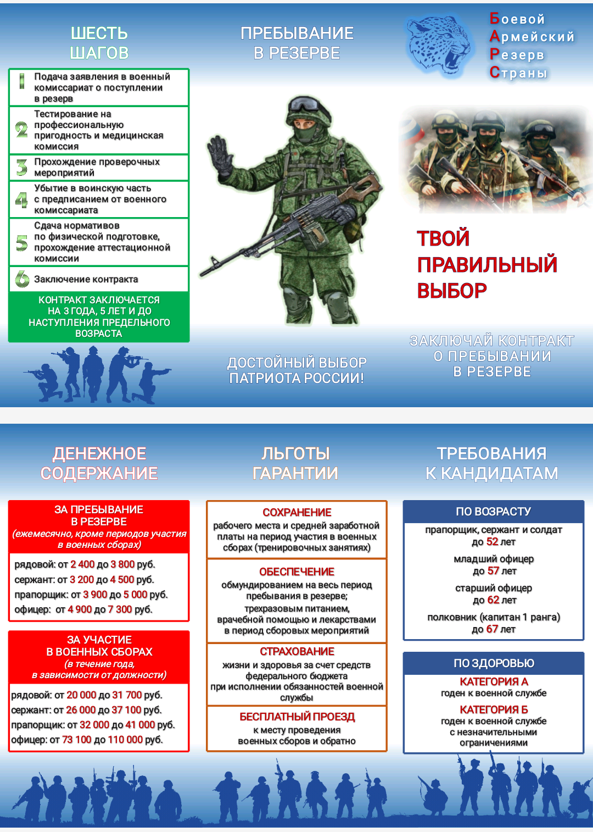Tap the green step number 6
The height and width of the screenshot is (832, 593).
(x=22, y=279)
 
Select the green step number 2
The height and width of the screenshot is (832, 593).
(x=21, y=130)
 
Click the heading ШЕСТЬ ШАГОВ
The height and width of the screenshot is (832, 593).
(x=99, y=43)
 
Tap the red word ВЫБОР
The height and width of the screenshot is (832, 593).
(x=451, y=291)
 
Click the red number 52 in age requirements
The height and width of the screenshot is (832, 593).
(x=492, y=542)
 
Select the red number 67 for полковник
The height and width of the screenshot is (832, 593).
(x=492, y=629)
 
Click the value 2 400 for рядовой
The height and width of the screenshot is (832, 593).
(x=82, y=564)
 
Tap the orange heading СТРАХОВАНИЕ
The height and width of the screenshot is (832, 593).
(x=297, y=652)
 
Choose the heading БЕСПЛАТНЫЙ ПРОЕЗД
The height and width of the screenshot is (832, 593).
(x=297, y=717)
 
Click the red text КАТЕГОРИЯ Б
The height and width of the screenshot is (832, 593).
(x=494, y=709)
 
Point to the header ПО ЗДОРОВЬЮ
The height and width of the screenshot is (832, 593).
(x=494, y=663)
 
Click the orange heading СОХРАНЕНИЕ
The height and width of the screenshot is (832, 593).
(x=297, y=513)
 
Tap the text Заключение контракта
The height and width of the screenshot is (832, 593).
(x=86, y=279)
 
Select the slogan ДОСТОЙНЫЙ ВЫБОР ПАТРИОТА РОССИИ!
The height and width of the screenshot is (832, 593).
(x=296, y=370)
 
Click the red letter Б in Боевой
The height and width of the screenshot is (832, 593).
(x=495, y=19)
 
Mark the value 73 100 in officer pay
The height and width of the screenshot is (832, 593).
(x=77, y=740)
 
